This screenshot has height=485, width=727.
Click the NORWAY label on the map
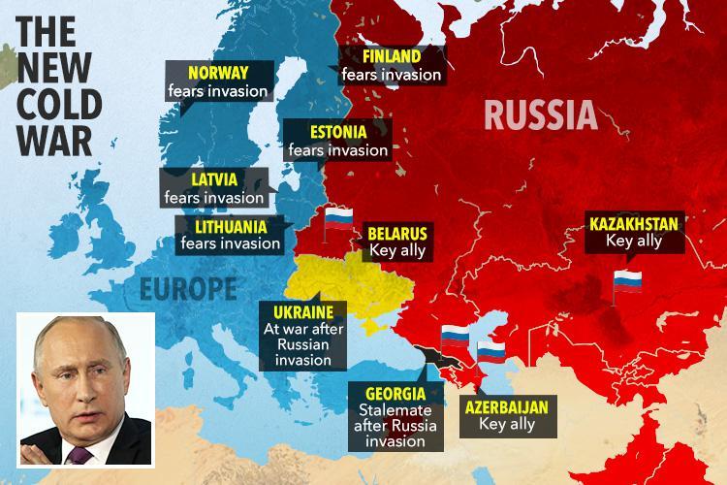coord(218,73)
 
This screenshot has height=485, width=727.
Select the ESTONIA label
coord(336,132)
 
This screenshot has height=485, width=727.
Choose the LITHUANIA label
coord(224,225)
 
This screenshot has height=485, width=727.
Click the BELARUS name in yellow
coord(395,233)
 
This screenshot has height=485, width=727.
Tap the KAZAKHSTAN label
coord(634,223)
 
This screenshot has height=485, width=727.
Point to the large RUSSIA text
coord(539,116)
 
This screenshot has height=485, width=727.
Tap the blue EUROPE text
coord(188,288)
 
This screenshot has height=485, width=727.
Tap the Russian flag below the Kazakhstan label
coord(627,283)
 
